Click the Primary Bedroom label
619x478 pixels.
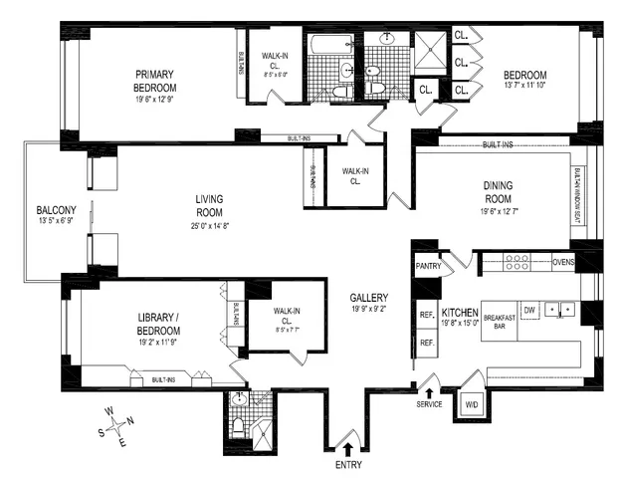pyautogui.click(x=154, y=80)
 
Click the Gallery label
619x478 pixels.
pyautogui.click(x=368, y=298)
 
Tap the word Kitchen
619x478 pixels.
pyautogui.click(x=460, y=312)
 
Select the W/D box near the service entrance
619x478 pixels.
pyautogui.click(x=471, y=404)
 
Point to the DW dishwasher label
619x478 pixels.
pyautogui.click(x=529, y=310)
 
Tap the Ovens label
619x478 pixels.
pyautogui.click(x=563, y=263)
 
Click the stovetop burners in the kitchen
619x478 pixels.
pyautogui.click(x=517, y=263)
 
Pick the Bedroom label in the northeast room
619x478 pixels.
pyautogui.click(x=523, y=76)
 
